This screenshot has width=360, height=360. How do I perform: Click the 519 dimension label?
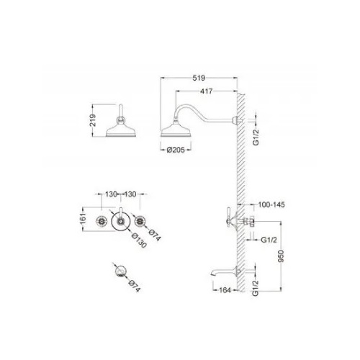[x=199, y=78]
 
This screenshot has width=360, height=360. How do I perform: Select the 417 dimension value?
[x=206, y=91]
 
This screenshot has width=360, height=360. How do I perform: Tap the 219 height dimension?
[x=93, y=120]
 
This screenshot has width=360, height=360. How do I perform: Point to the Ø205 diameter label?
[x=176, y=150]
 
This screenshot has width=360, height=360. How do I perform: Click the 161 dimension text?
[x=83, y=218]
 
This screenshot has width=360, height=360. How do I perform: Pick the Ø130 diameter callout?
[x=139, y=240]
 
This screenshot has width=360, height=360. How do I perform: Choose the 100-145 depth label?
[x=271, y=204]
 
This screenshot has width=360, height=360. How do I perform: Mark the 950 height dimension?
[x=281, y=256]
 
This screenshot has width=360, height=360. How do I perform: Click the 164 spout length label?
[x=225, y=290]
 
